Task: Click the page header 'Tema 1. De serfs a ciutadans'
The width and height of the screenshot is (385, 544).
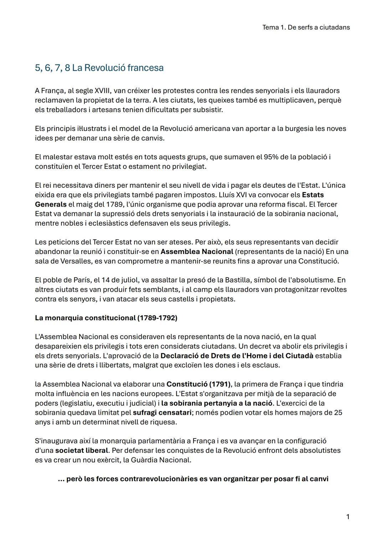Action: [306, 27]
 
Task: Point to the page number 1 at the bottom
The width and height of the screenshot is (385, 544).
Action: [348, 517]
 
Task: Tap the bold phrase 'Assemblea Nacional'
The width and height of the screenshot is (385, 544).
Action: [197, 252]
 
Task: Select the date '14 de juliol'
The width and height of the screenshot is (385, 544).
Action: [121, 280]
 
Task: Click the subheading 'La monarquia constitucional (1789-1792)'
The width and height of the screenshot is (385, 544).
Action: [106, 318]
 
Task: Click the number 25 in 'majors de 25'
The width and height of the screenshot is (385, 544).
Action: [338, 413]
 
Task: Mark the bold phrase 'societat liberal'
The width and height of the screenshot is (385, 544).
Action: [82, 450]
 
